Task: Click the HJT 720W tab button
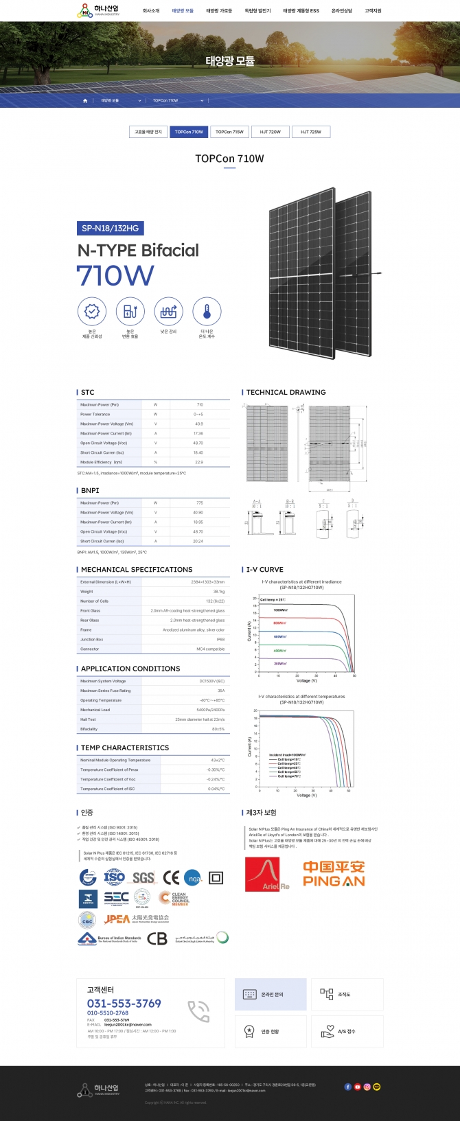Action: [x=270, y=132]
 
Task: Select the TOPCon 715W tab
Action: [x=229, y=132]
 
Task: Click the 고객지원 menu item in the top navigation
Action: [x=373, y=11]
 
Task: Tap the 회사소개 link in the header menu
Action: [x=151, y=11]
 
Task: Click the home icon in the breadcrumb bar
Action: [x=85, y=101]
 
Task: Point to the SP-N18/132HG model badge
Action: [x=111, y=228]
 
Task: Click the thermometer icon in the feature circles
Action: [x=207, y=312]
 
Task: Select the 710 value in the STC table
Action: [x=200, y=405]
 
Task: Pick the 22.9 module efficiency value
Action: [x=199, y=463]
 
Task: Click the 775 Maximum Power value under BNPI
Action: [x=199, y=503]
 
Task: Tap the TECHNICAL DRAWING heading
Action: [x=286, y=393]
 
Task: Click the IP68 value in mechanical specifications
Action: [x=220, y=640]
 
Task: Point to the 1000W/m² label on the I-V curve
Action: [x=280, y=610]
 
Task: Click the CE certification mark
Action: [x=171, y=877]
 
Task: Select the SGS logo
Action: [x=143, y=877]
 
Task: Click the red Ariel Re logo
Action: [x=268, y=874]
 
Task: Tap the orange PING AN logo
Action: [x=334, y=874]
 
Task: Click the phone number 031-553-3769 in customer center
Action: [x=124, y=1003]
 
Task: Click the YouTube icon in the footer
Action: [x=357, y=1087]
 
